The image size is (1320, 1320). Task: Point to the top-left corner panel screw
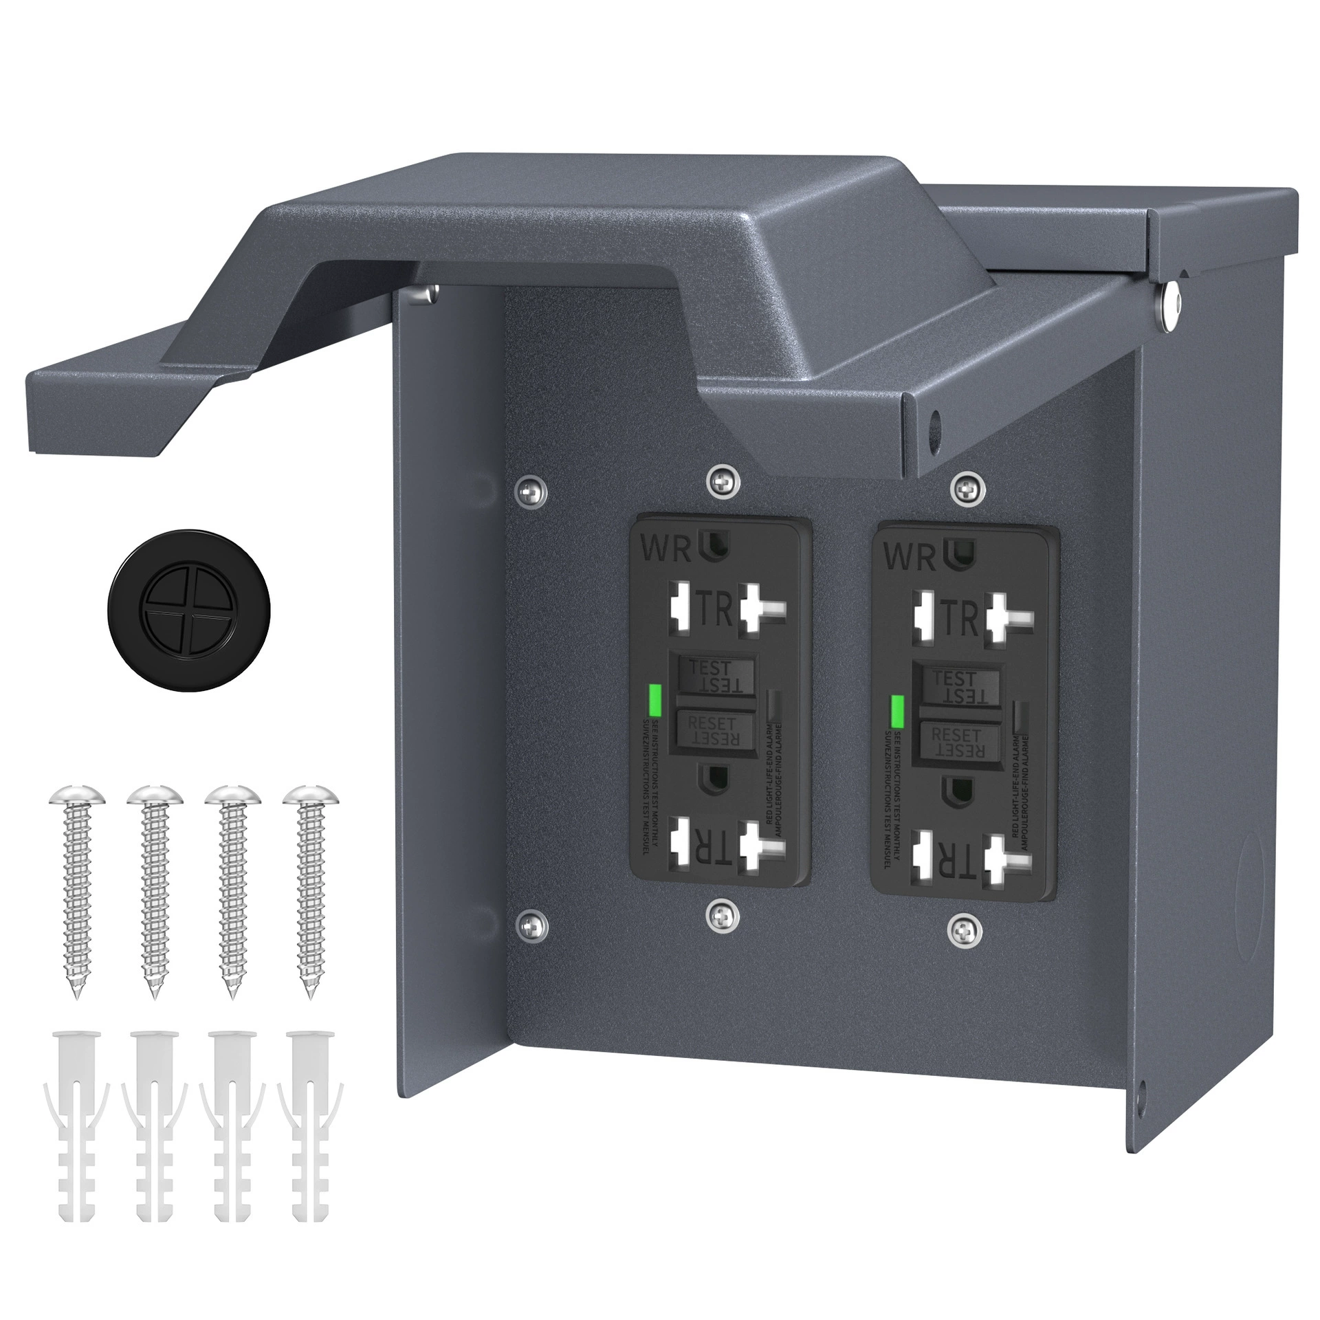531,489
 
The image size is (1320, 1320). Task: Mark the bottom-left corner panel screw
531,925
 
